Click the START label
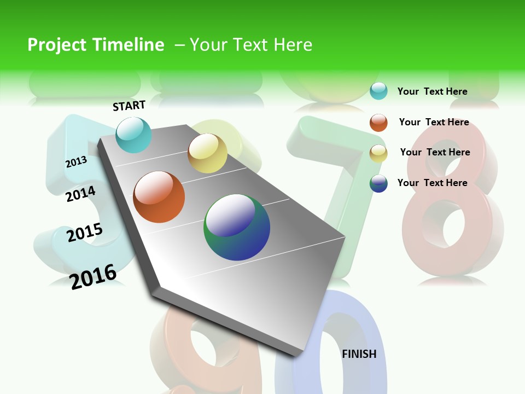click(x=129, y=106)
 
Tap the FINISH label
click(x=359, y=354)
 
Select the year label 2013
click(x=77, y=161)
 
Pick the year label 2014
click(x=81, y=194)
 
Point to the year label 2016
click(x=93, y=276)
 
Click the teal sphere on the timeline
click(x=133, y=135)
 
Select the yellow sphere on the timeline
click(x=207, y=153)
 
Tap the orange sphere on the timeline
click(x=159, y=197)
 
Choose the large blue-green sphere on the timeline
click(x=237, y=227)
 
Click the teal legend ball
click(x=378, y=91)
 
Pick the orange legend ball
click(x=378, y=123)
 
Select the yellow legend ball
click(x=378, y=153)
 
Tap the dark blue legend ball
click(x=378, y=183)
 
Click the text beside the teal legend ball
click(x=432, y=91)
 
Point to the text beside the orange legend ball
click(x=434, y=122)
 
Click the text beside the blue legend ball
click(x=432, y=183)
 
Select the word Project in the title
click(x=56, y=45)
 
